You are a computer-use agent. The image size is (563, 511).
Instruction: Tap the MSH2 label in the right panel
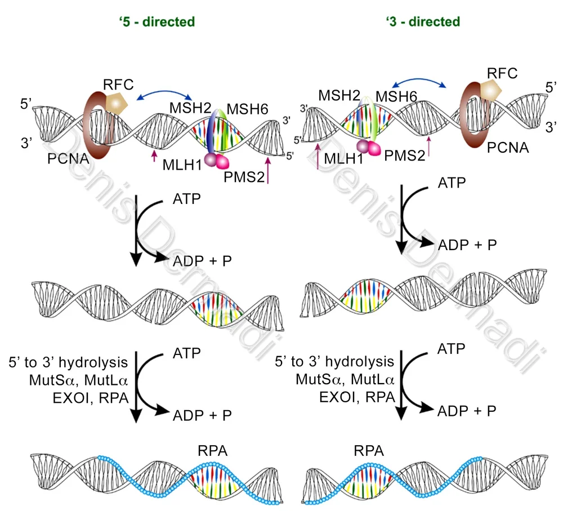pos(340,95)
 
